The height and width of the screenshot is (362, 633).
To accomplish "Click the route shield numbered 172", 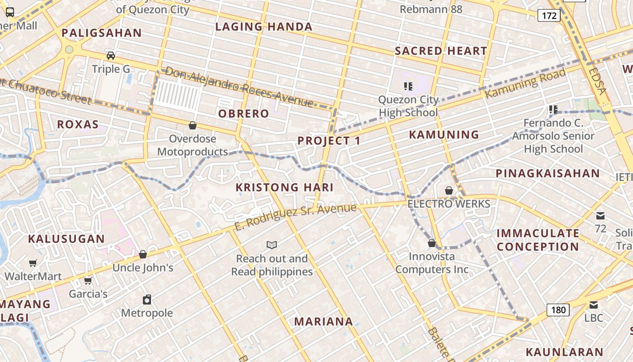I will pos(549,16).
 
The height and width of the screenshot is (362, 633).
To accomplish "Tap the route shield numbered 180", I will pos(558,310).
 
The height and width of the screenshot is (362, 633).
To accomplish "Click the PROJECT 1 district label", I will pos(329,141).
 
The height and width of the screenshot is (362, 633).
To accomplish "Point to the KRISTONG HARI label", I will pos(285,187).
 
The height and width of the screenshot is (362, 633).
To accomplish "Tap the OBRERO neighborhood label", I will pos(244,114).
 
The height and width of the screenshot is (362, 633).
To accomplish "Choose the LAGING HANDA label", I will pos(264,27).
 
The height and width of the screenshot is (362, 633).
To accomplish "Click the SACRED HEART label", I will pos(441,51).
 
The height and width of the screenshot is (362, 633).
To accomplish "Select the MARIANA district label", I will pos(324,322).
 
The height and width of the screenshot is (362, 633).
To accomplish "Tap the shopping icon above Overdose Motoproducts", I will pos(193,125).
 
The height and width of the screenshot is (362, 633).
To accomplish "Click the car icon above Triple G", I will pos(111,56).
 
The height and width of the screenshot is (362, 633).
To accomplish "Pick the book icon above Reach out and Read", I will pos(272,245).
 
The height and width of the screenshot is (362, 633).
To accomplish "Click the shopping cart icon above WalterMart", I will pos(33,263).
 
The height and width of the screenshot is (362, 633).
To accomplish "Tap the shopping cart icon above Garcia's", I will pos(88,281).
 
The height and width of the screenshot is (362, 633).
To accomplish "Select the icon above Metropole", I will pos(146,300).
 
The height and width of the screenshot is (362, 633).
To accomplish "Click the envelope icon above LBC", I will pos(594,305).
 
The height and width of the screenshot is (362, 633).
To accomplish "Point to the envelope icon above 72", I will pos(600,215).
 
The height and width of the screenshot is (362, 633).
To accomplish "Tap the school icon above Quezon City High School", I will pos(408,86).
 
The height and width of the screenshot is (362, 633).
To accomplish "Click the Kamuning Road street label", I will pos(525,82).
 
